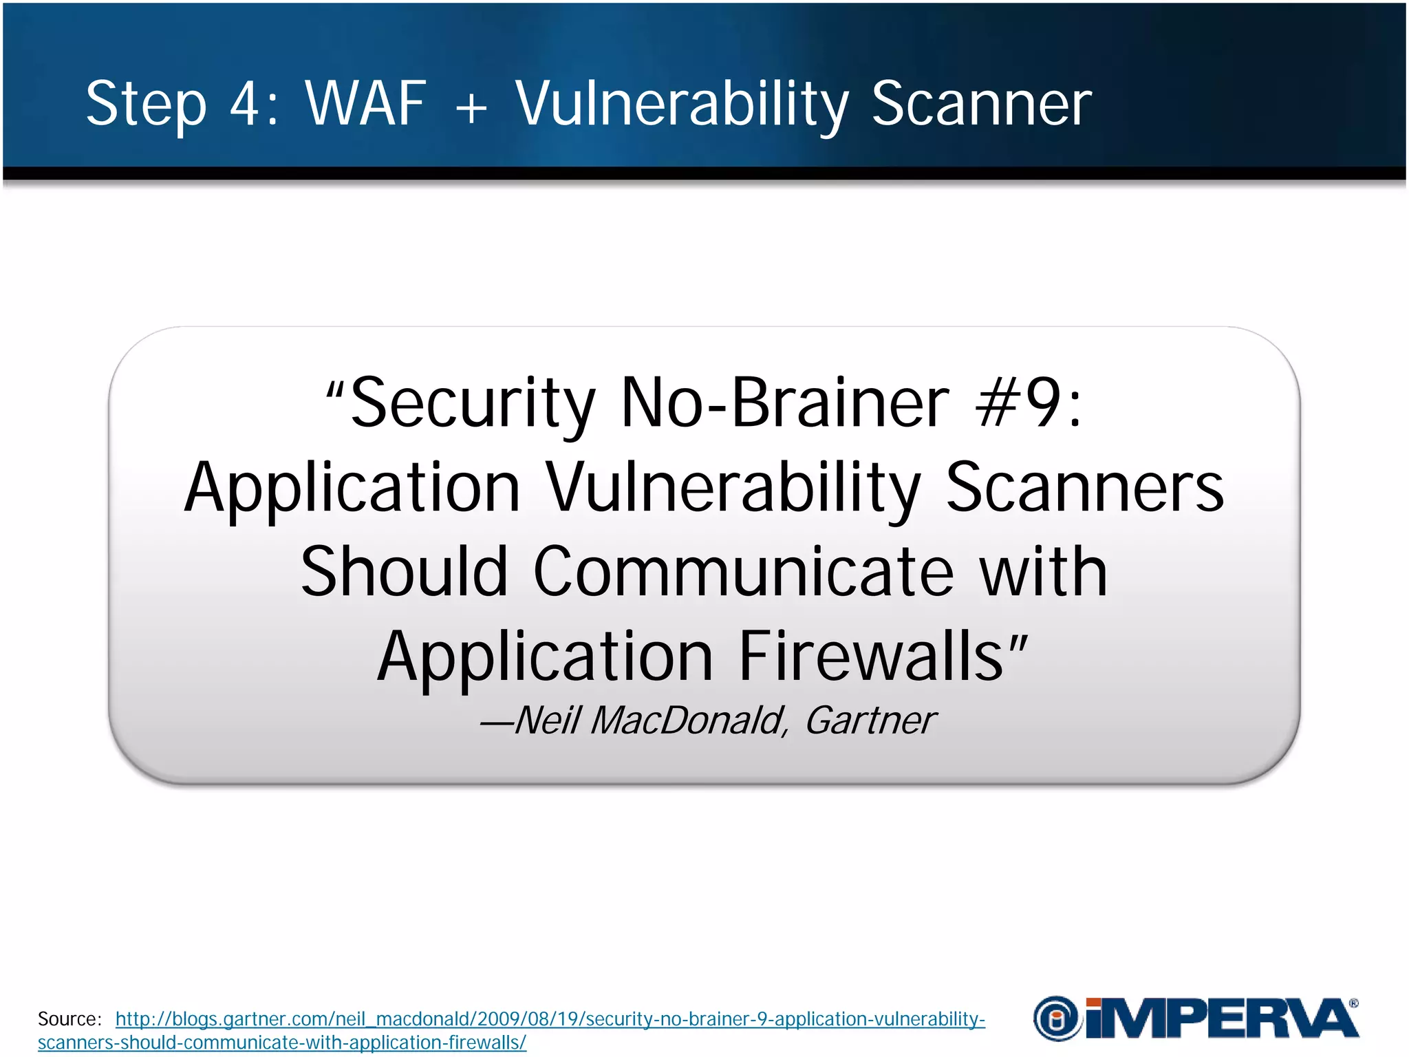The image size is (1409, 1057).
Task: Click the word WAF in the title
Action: tap(365, 104)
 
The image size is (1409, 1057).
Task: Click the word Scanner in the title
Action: tap(982, 104)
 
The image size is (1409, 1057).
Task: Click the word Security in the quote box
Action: tap(473, 404)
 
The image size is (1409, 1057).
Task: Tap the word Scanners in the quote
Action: tap(1085, 487)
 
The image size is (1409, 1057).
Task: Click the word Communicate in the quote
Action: tap(743, 571)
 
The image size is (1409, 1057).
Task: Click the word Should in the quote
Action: tap(404, 571)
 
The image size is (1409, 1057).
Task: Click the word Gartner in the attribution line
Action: tap(870, 720)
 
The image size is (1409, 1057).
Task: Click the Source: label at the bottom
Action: tap(69, 1019)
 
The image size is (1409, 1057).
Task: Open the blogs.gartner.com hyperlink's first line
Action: tap(550, 1019)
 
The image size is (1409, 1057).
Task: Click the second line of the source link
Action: tap(281, 1043)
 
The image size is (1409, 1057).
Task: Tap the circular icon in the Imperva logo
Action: tap(1056, 1018)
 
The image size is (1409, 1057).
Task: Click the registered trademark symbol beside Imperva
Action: tap(1353, 1004)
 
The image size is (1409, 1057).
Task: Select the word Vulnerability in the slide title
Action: tap(682, 104)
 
